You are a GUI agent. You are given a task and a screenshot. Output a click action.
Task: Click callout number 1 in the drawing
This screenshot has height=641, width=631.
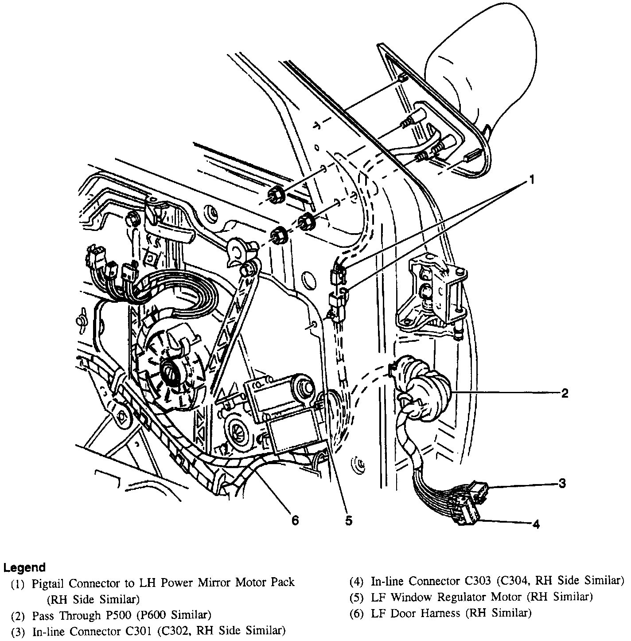pyautogui.click(x=531, y=180)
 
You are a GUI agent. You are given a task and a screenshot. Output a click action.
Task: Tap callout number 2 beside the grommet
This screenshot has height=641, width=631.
pyautogui.click(x=565, y=393)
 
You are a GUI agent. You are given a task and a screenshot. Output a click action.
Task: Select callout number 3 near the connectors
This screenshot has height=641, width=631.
pyautogui.click(x=562, y=483)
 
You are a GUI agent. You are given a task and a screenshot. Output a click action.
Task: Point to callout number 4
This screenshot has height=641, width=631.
pyautogui.click(x=536, y=524)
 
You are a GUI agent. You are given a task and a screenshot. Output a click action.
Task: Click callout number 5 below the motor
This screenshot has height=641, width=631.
pyautogui.click(x=349, y=521)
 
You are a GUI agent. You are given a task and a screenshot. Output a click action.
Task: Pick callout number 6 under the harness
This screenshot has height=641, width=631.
pyautogui.click(x=295, y=520)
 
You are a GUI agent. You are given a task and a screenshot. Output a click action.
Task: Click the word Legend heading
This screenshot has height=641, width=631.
pyautogui.click(x=24, y=567)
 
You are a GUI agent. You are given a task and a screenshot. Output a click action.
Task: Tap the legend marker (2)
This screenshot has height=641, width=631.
pyautogui.click(x=18, y=616)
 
